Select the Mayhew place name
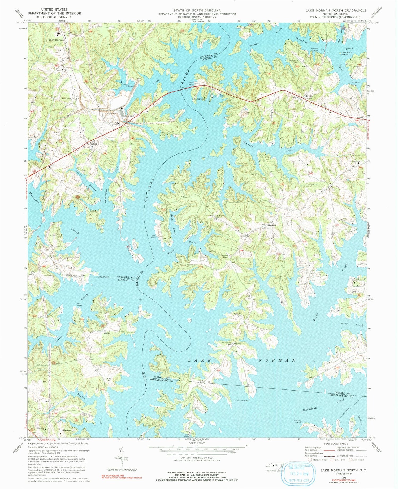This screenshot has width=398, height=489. (272, 225)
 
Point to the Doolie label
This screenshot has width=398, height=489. (309, 96)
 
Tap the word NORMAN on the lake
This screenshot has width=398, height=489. (277, 360)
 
